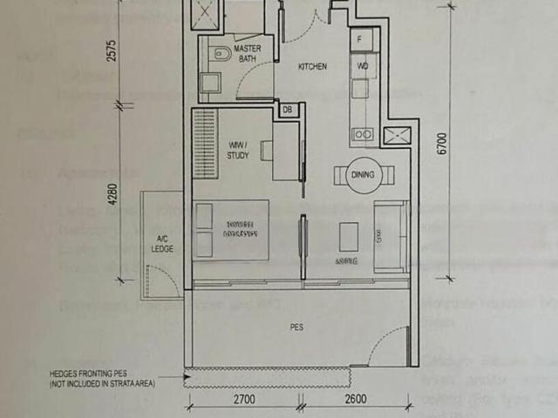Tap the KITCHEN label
312,67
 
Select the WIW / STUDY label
237,150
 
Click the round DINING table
364,174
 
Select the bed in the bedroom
231,230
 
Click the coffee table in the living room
349,235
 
